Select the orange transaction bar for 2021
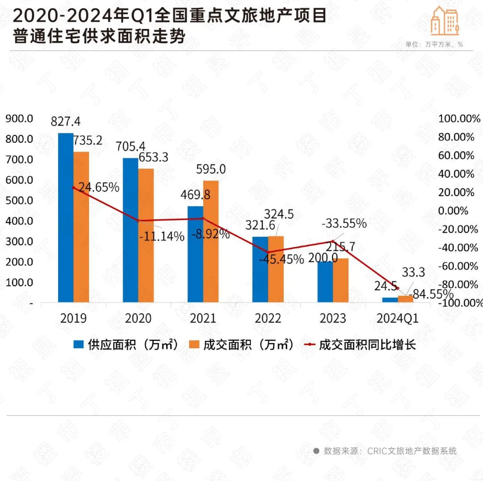211,241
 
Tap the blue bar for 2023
325,282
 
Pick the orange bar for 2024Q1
405,298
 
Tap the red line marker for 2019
74,187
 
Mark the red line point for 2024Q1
398,289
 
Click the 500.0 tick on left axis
19,200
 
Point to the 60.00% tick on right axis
456,156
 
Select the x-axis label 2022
268,318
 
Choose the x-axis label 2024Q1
398,318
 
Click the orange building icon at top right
445,21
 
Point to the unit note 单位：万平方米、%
433,44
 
